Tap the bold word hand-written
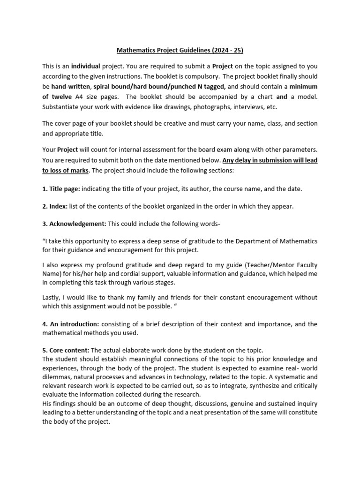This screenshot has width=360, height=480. pyautogui.click(x=70, y=87)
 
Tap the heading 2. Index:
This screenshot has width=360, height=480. pyautogui.click(x=55, y=206)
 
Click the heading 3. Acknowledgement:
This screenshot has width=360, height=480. pyautogui.click(x=75, y=223)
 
